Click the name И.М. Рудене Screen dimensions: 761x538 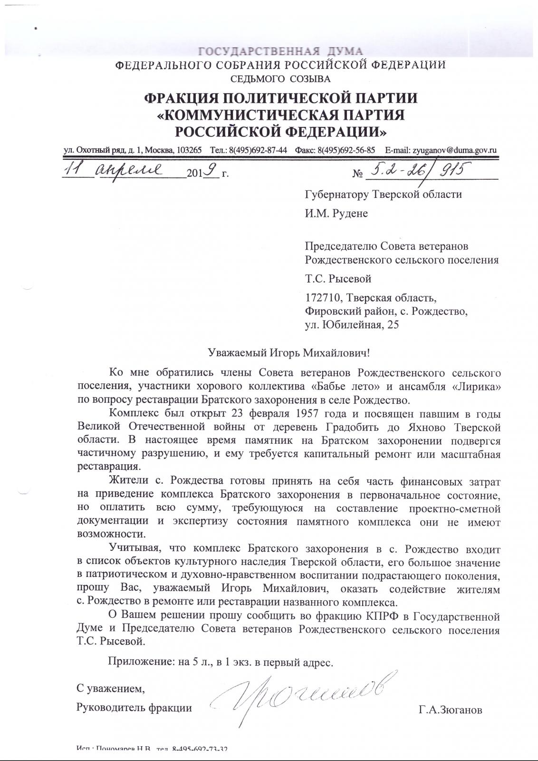[336, 214]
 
